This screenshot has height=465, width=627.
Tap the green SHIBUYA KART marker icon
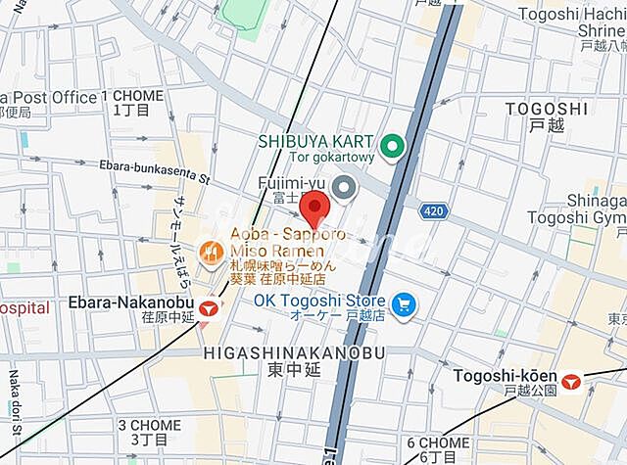pyautogui.click(x=392, y=148)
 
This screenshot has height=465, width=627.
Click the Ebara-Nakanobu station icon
pyautogui.click(x=208, y=309)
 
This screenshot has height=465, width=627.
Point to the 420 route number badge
pyautogui.click(x=434, y=209)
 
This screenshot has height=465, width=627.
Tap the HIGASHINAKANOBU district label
pyautogui.click(x=294, y=351)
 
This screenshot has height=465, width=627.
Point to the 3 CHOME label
pyautogui.click(x=150, y=425)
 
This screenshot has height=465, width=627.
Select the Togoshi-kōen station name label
pyautogui.click(x=505, y=376)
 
